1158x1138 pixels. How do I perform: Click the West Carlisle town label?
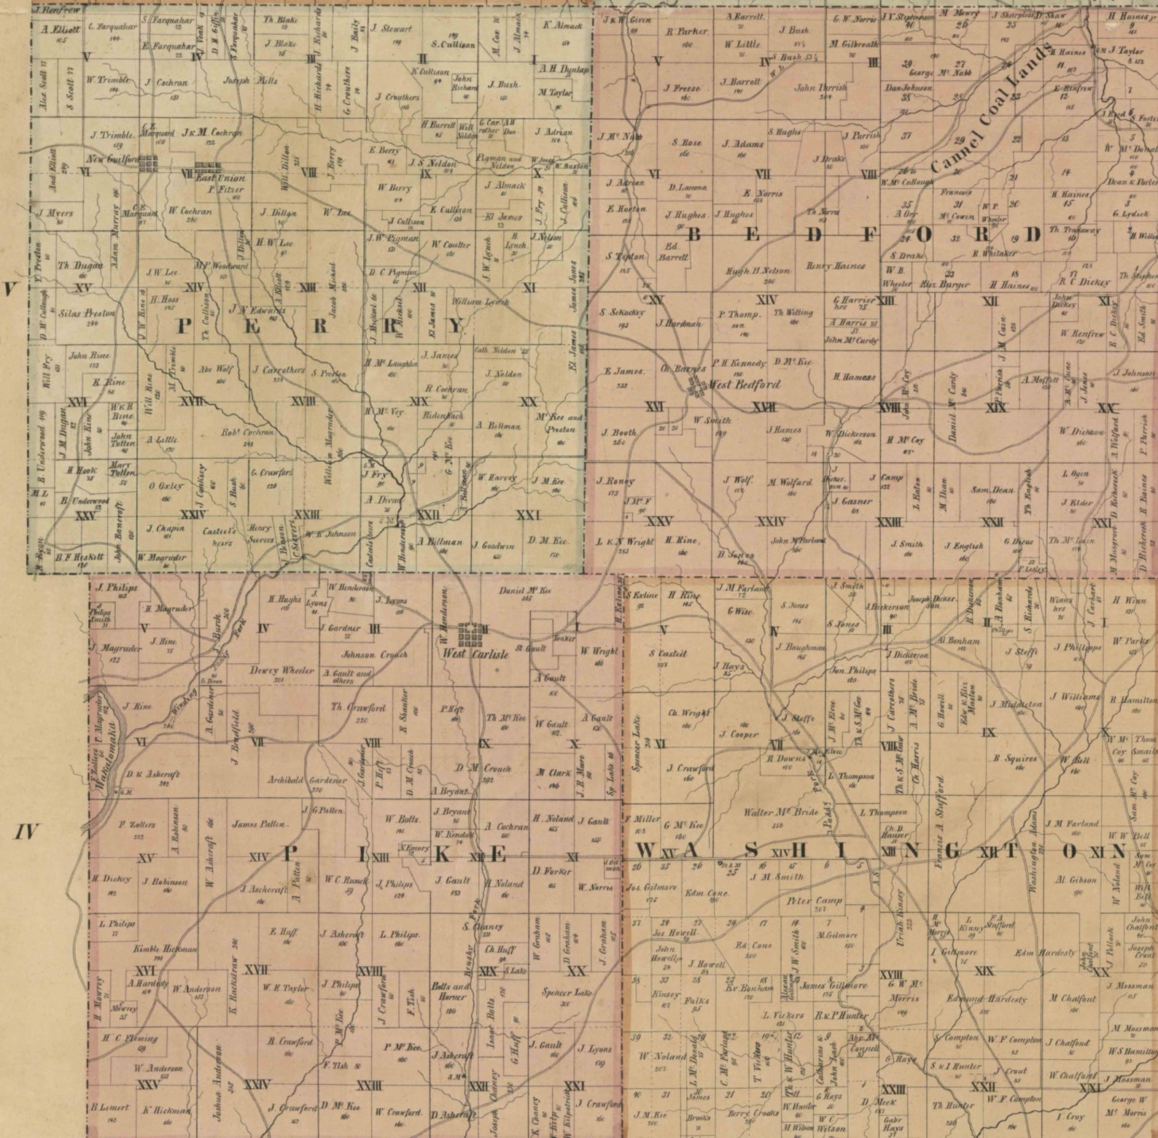[x=475, y=654]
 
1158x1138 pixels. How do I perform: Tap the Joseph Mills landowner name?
[x=246, y=81]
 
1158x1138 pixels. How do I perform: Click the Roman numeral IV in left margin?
[x=27, y=831]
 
